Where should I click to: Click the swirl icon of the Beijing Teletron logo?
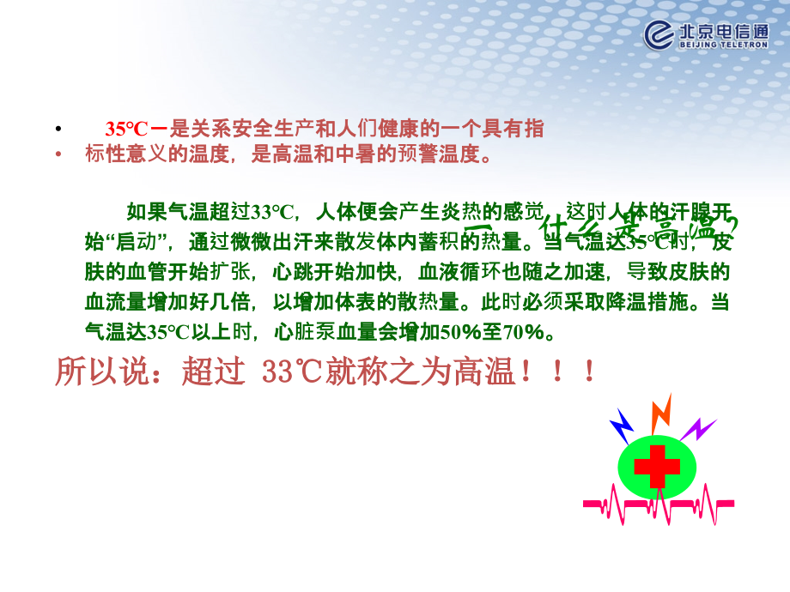point(660,34)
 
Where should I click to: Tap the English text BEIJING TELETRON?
point(724,45)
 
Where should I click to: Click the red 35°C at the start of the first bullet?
point(127,130)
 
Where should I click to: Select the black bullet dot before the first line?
point(58,130)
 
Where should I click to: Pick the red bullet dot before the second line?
point(58,155)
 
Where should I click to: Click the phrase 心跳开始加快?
point(334,272)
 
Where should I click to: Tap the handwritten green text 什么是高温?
point(635,229)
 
